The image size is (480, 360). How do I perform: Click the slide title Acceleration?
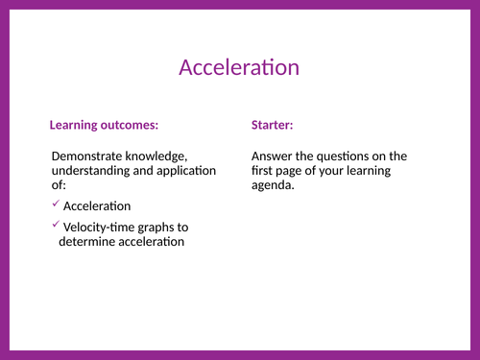239,67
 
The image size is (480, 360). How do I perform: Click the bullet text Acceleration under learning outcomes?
97,206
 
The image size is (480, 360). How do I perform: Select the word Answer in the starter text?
274,156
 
